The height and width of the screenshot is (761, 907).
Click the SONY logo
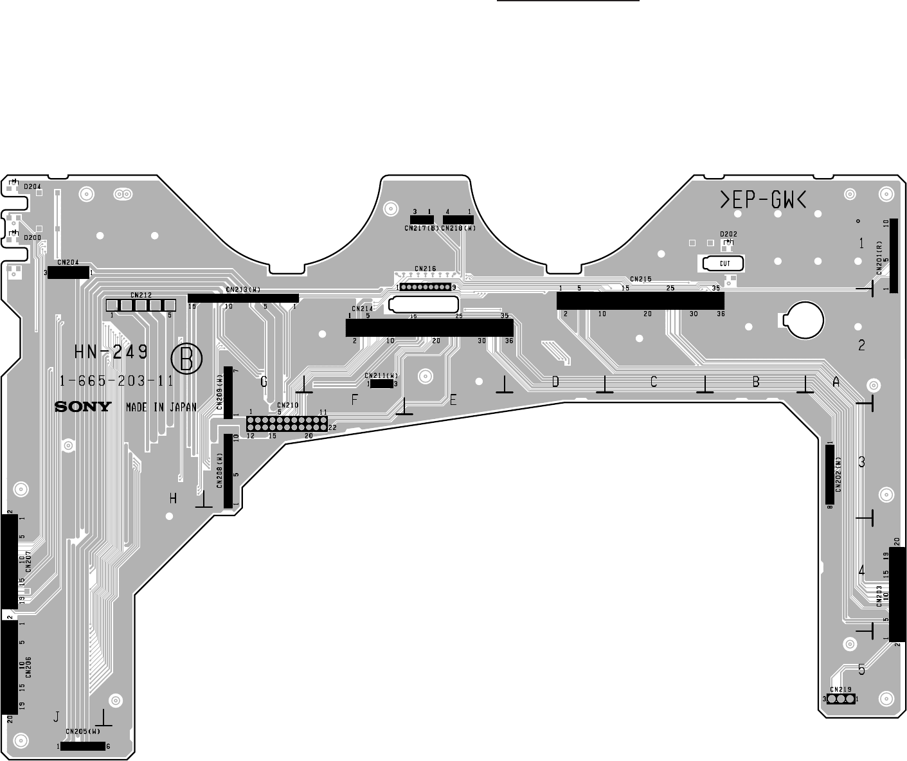(82, 407)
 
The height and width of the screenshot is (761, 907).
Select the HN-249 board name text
(111, 352)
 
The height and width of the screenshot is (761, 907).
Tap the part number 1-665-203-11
(116, 380)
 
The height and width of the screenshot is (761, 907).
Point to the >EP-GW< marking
(762, 201)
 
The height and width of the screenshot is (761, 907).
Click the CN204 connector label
(68, 262)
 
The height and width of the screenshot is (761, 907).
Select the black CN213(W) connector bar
(243, 298)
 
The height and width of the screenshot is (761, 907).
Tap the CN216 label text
(426, 269)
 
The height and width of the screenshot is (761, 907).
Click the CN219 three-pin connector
(841, 699)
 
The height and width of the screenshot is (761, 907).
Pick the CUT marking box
(724, 264)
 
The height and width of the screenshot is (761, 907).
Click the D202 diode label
(728, 234)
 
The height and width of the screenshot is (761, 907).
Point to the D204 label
(33, 186)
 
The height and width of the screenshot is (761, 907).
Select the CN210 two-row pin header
(287, 424)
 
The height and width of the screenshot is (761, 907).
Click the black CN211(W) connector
(382, 384)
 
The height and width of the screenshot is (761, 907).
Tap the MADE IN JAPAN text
(161, 407)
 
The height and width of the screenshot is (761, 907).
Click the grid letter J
(57, 716)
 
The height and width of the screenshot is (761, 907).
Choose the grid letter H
(173, 498)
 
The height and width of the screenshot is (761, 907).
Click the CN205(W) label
(83, 731)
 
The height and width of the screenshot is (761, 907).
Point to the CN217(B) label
(422, 228)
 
